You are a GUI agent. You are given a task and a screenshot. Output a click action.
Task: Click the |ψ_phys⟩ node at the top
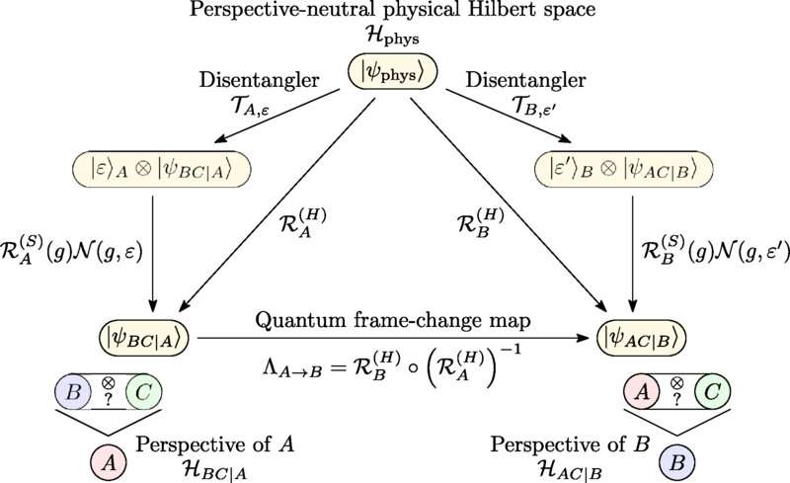coord(395,71)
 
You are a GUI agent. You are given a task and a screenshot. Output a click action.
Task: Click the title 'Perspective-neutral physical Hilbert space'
coord(395,14)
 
